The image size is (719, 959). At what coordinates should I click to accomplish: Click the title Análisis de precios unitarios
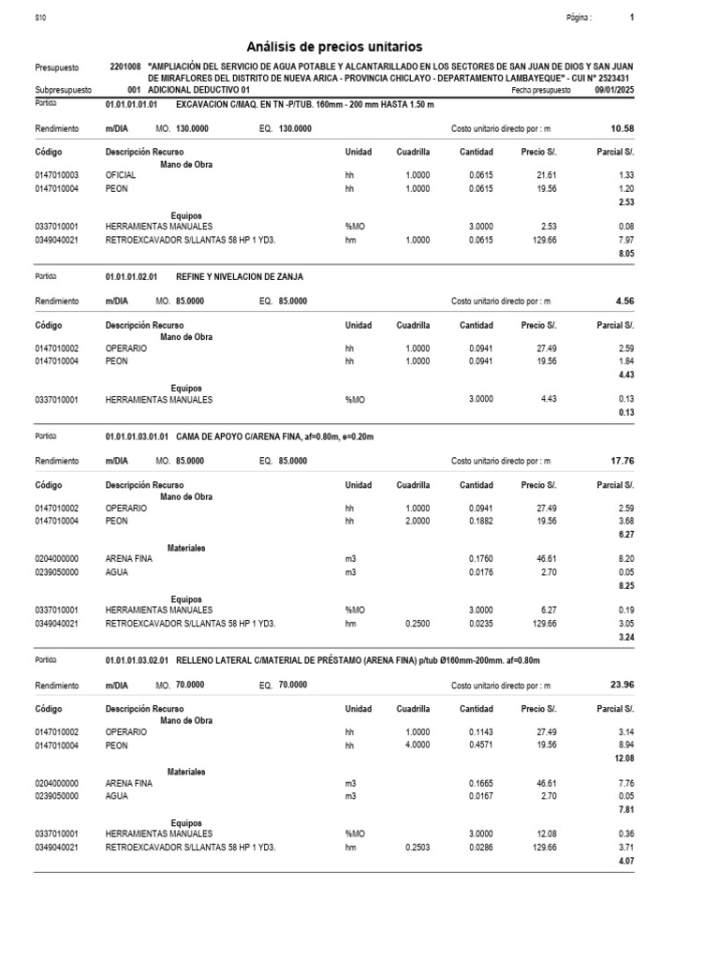[x=334, y=46]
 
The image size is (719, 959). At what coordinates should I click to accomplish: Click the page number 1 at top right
[x=632, y=18]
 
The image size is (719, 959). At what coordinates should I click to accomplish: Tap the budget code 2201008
[x=125, y=67]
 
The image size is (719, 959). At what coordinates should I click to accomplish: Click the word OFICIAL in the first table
[x=121, y=175]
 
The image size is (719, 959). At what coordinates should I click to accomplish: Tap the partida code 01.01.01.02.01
[x=132, y=277]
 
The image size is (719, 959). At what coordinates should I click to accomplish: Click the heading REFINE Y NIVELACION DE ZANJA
[x=240, y=277]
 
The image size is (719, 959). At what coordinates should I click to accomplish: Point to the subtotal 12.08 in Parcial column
[x=623, y=759]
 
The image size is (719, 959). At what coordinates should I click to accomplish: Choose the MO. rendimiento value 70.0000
[x=190, y=686]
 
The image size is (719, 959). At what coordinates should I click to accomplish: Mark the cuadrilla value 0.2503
[x=418, y=847]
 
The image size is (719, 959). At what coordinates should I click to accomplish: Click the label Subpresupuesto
[x=63, y=90]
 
